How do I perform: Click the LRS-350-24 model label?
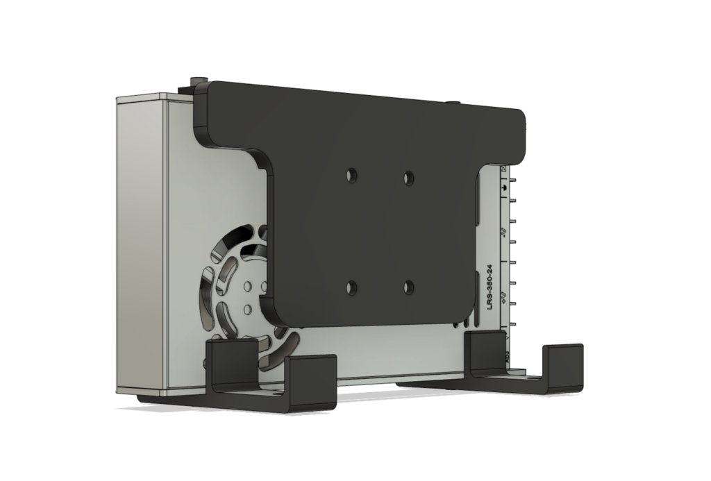pyautogui.click(x=490, y=285)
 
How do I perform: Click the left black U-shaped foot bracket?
pyautogui.click(x=271, y=378)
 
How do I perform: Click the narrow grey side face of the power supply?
pyautogui.click(x=142, y=243)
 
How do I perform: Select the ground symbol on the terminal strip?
pyautogui.click(x=503, y=187)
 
